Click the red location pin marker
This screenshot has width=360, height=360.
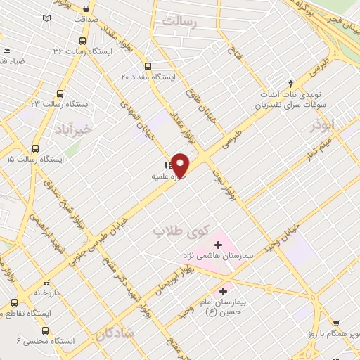[x=181, y=165]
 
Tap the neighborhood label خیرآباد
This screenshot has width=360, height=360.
[x=72, y=129]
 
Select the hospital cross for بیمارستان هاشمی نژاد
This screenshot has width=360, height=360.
[x=218, y=245]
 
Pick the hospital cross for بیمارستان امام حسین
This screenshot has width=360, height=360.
[x=224, y=290]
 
